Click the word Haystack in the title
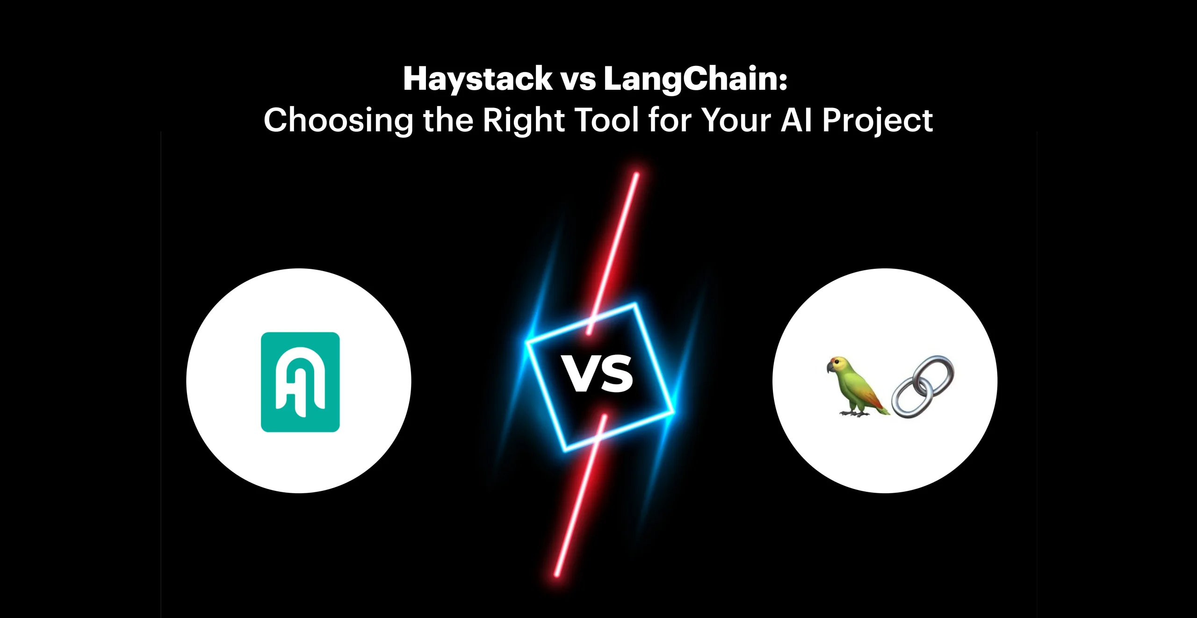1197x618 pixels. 478,79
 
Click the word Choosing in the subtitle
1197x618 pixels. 339,121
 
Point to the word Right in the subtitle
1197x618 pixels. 524,121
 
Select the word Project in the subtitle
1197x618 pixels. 878,121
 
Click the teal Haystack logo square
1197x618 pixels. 300,382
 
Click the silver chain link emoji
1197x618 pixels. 923,387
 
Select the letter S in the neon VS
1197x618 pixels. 616,374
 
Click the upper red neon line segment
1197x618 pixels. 612,253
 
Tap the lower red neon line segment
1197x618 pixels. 580,495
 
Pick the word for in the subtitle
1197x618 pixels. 671,120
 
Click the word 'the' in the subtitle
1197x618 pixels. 448,120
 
